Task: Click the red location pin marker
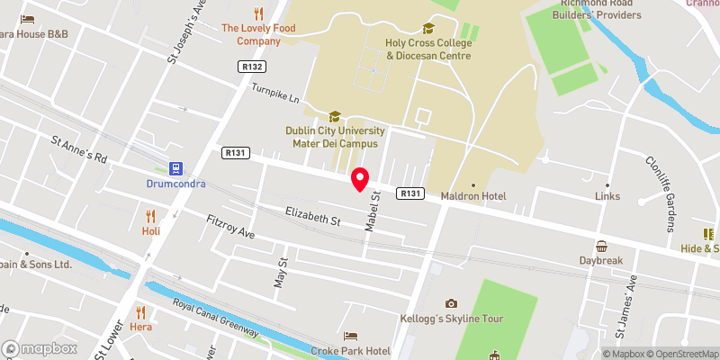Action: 360,179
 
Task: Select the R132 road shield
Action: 251,67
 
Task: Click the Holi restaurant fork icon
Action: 150,215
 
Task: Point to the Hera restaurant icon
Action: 139,312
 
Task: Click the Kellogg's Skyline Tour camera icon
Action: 451,303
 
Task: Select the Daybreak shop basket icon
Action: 601,246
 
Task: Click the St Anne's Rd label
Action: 79,150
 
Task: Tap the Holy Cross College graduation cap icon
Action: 427,29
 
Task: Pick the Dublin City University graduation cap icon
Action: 335,116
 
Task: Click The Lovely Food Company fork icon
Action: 259,13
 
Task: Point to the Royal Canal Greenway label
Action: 215,316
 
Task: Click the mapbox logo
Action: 39,348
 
